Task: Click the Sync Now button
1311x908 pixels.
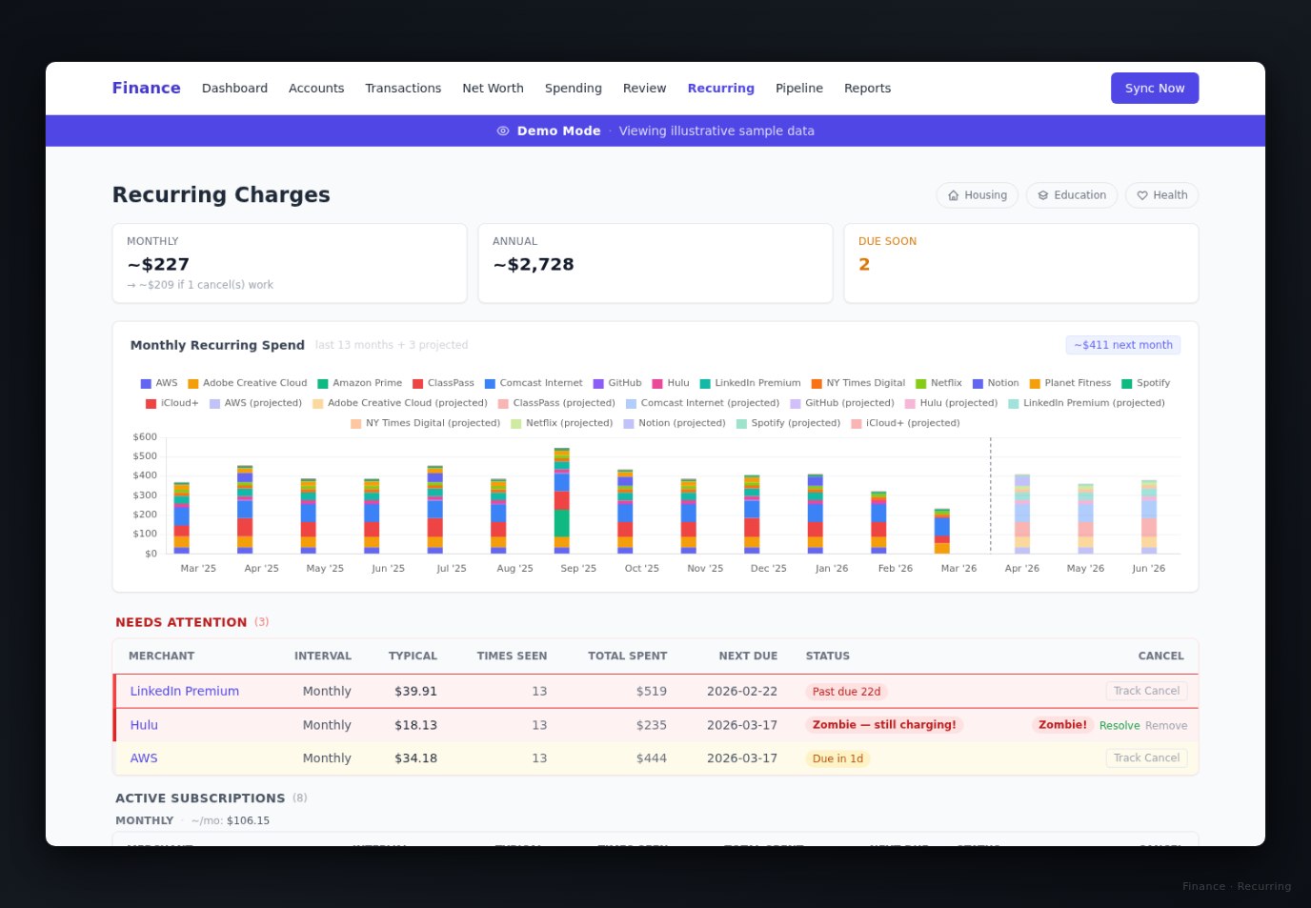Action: point(1154,89)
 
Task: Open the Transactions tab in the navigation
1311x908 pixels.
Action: point(403,89)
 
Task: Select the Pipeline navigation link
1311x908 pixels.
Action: point(798,89)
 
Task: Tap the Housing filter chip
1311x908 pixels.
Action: point(977,195)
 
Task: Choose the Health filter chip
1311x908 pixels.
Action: point(1161,195)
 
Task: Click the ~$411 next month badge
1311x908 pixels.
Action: point(1122,346)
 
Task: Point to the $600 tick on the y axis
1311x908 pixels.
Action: point(145,437)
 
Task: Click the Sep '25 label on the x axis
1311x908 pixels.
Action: point(578,569)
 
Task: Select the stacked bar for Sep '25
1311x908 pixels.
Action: point(562,501)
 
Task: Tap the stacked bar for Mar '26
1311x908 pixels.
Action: point(942,532)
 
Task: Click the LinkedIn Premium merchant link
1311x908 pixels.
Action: point(185,692)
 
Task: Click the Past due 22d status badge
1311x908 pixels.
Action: point(846,693)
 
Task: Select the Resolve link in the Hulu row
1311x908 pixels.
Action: point(1119,726)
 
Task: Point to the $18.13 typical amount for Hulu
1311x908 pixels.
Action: point(415,725)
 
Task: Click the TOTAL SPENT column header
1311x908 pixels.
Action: point(627,656)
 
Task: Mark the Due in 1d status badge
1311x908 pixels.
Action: point(837,759)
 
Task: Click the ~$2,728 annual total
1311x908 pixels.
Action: point(534,265)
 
